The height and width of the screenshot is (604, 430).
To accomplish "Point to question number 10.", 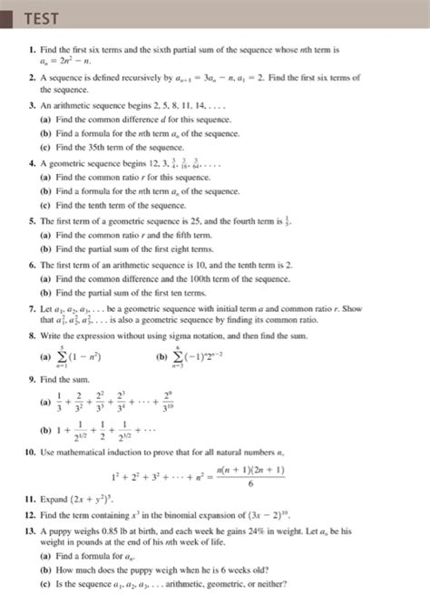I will (31, 451).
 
